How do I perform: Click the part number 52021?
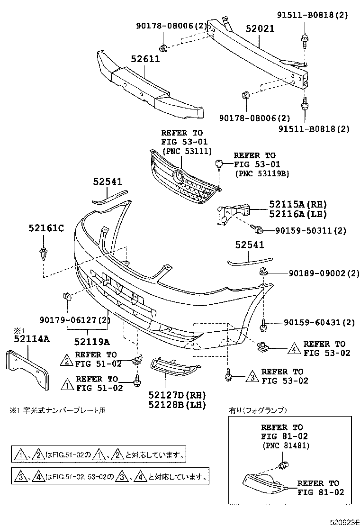(x=260, y=29)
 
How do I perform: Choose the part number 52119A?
(x=91, y=341)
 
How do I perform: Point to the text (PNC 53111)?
(x=182, y=150)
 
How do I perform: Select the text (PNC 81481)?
(x=285, y=445)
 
